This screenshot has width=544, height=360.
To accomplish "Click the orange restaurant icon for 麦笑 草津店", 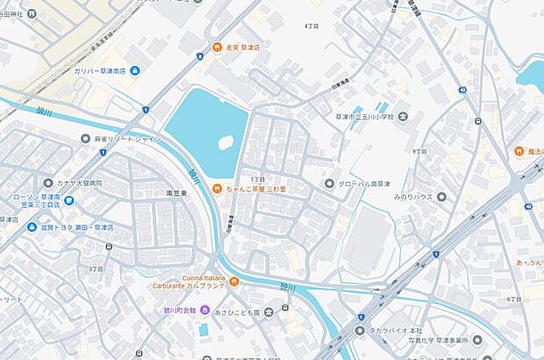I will pos(216,47).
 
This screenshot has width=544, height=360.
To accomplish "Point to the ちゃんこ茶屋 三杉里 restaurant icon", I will pos(216,187).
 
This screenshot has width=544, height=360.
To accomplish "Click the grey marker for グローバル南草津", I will pos(330,184).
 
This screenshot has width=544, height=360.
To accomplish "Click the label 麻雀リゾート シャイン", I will pos(127,138).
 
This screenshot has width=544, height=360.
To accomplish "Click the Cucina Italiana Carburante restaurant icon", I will pos(234,282).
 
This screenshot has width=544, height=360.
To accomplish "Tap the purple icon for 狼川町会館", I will pos(204,309).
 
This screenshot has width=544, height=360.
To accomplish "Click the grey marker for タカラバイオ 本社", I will pos(359,330).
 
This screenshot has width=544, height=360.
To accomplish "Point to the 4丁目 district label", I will pos(311,26).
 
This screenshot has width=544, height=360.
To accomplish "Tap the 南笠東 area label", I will pos(178,191).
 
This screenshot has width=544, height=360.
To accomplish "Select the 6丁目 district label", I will pos(514,299).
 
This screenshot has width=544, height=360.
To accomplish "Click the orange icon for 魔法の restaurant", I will pos(519,151).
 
